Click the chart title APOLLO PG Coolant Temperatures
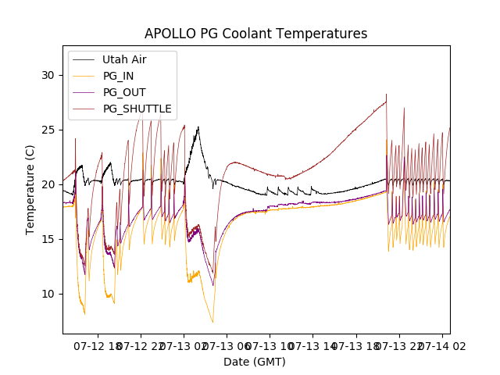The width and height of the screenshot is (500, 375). (255, 34)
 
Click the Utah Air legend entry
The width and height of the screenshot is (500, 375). (124, 59)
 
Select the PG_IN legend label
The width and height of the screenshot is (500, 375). (119, 76)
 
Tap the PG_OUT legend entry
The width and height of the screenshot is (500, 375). (124, 92)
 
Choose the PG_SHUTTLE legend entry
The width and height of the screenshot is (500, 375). (137, 109)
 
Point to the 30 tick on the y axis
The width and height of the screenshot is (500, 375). (48, 75)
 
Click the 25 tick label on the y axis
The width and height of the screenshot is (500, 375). (48, 130)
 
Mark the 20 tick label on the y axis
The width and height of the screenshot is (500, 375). (48, 184)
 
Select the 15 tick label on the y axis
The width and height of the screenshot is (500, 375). (48, 239)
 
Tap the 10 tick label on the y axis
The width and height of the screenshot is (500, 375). (48, 294)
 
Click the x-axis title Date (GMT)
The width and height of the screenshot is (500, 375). (255, 362)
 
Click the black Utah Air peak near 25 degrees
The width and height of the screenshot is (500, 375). (198, 127)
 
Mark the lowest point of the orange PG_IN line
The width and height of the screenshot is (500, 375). (212, 323)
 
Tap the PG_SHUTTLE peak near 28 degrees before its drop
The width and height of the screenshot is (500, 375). (386, 95)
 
